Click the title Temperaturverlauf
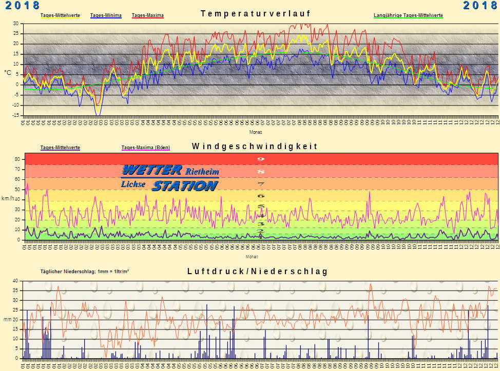pyautogui.click(x=256, y=14)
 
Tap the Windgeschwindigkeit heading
pyautogui.click(x=255, y=147)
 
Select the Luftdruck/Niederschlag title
pyautogui.click(x=257, y=272)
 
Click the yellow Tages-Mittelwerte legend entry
pyautogui.click(x=60, y=15)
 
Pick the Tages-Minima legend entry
pyautogui.click(x=106, y=15)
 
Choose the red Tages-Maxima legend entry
pyautogui.click(x=148, y=15)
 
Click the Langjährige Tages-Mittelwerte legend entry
pyautogui.click(x=408, y=15)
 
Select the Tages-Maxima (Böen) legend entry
pyautogui.click(x=145, y=148)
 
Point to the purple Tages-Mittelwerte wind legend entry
pyautogui.click(x=60, y=148)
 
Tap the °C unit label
pyautogui.click(x=8, y=73)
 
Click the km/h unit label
pyautogui.click(x=8, y=198)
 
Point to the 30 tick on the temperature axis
pyautogui.click(x=15, y=24)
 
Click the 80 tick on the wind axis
pyautogui.click(x=16, y=159)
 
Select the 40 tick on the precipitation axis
pyautogui.click(x=15, y=281)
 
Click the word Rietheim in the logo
pyautogui.click(x=202, y=171)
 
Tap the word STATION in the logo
pyautogui.click(x=185, y=186)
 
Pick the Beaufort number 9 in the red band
pyautogui.click(x=261, y=159)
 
